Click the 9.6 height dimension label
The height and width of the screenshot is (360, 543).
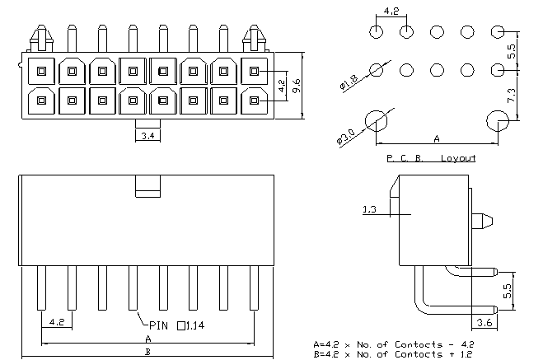click(x=297, y=86)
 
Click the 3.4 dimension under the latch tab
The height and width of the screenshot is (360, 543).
click(x=147, y=136)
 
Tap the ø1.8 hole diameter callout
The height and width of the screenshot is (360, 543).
click(x=349, y=82)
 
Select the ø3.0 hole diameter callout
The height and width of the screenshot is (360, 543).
click(x=345, y=137)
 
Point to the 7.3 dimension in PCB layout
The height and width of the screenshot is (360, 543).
click(x=512, y=96)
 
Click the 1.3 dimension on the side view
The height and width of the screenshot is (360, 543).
click(x=369, y=209)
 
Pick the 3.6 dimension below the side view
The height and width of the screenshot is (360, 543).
click(x=484, y=323)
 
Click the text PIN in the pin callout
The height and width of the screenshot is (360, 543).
click(x=158, y=325)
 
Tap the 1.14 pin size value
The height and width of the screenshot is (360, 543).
click(x=195, y=325)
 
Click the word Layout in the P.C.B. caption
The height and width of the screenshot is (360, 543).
click(x=458, y=158)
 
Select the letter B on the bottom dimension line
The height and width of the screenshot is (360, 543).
click(x=147, y=352)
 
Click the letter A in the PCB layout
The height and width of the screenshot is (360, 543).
click(x=437, y=138)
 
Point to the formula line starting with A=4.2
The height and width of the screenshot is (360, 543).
click(x=393, y=344)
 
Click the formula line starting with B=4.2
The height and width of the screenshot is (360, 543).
click(x=393, y=354)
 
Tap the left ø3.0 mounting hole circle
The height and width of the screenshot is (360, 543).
click(x=376, y=121)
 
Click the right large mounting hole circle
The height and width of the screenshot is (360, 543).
click(x=498, y=121)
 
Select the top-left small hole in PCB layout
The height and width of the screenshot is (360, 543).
click(x=376, y=32)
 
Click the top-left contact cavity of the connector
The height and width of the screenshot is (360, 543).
click(x=41, y=72)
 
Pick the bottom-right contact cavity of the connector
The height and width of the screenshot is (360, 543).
click(x=254, y=101)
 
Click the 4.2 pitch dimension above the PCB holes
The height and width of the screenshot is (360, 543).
click(x=391, y=11)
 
